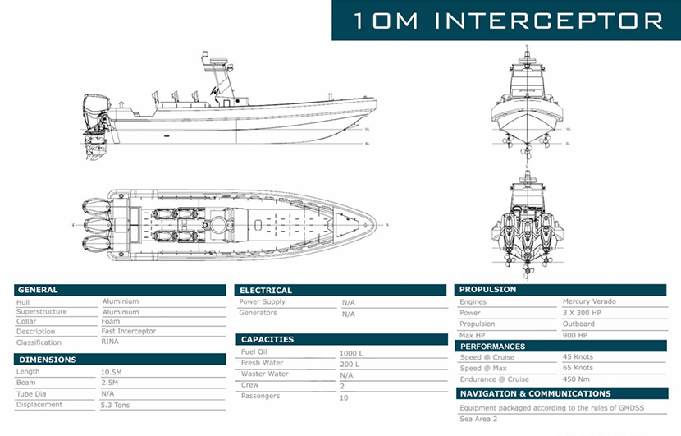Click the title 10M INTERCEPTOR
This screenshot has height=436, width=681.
tap(507, 20)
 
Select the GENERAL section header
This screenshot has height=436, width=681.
tap(38, 290)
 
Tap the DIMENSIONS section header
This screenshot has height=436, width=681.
tap(47, 360)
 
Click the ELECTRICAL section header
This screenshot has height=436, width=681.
tap(265, 290)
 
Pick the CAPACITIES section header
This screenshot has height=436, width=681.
tap(267, 339)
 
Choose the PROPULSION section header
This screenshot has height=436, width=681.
tap(487, 289)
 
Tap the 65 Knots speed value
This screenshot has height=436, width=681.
tap(578, 369)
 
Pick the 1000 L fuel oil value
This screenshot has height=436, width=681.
tap(350, 353)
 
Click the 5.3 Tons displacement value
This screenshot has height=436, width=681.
tap(115, 405)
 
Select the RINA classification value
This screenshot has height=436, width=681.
tap(110, 342)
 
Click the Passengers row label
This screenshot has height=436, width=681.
tap(260, 396)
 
